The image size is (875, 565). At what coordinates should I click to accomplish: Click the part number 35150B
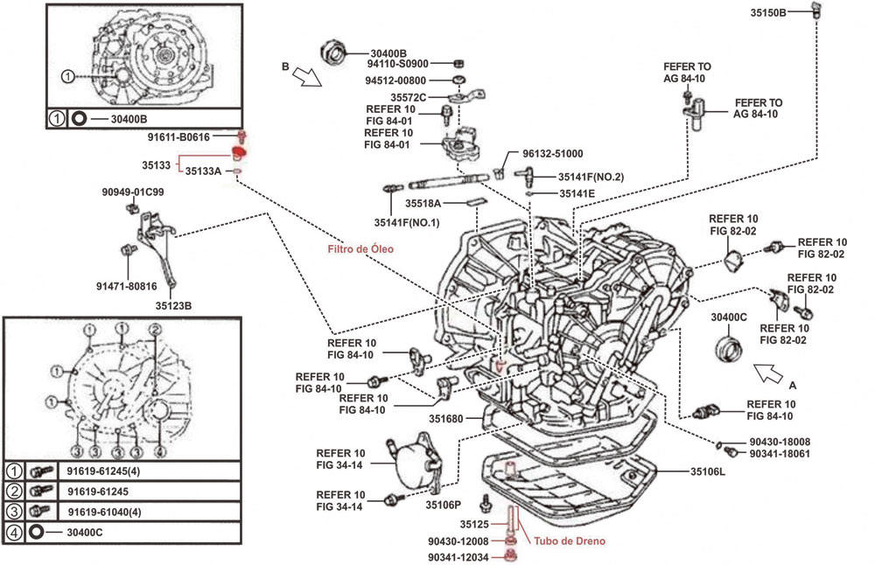[x=768, y=11]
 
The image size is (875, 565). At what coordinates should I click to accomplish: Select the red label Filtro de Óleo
[x=360, y=249]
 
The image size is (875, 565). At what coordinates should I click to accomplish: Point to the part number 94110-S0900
[x=398, y=64]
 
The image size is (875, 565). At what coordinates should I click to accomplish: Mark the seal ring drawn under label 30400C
[x=727, y=345]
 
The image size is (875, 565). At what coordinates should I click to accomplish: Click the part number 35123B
[x=173, y=306]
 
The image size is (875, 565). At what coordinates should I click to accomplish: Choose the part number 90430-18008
[x=779, y=443]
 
